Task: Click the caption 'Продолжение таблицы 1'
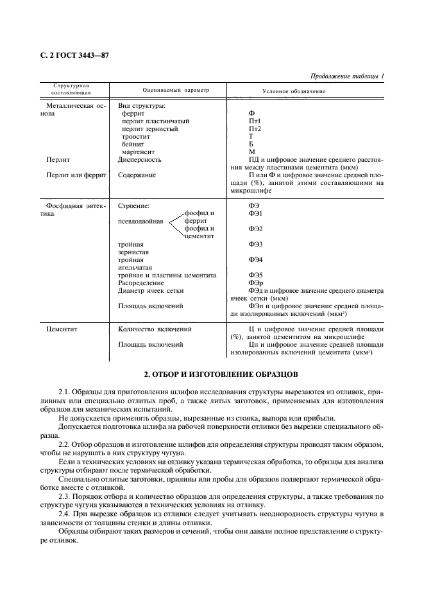(346, 76)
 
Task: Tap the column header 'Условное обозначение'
(293, 91)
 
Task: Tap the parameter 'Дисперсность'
(140, 159)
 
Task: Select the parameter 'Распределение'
(141, 283)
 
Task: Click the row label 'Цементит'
(62, 329)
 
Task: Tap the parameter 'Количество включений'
(155, 329)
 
